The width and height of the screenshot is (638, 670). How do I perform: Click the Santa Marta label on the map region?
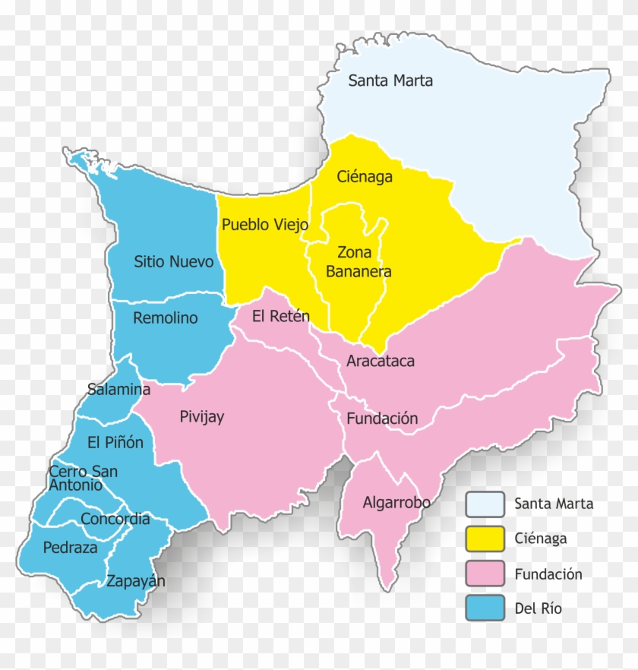pos(390,81)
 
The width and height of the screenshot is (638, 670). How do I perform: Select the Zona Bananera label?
pos(358,262)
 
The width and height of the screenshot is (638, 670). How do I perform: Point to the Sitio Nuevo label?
pos(174,262)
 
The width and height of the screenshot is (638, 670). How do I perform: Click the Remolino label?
pos(166,318)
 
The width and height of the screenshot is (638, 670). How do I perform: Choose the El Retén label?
pos(281,317)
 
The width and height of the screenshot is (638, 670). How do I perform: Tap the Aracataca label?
pos(381,362)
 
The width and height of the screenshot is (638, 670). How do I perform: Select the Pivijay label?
pos(202,417)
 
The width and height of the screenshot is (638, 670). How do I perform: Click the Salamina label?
pos(118,390)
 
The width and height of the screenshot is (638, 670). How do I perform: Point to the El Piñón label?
pos(115,443)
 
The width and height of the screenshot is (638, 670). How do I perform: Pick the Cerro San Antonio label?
pos(84,478)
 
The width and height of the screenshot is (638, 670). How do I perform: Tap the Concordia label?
pos(115,520)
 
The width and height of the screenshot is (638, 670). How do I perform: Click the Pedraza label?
pos(70,547)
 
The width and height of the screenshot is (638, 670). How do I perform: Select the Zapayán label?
pos(136,582)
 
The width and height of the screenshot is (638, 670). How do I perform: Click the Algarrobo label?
pos(396,503)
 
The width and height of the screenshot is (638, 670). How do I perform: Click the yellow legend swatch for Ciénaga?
pos(485,539)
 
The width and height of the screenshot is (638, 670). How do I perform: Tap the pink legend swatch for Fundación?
pos(485,574)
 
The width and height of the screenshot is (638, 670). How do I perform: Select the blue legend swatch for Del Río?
pos(485,608)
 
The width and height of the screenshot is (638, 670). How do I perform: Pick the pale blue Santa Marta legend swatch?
pos(485,504)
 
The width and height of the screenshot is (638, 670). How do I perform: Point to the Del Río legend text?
pos(538,608)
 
